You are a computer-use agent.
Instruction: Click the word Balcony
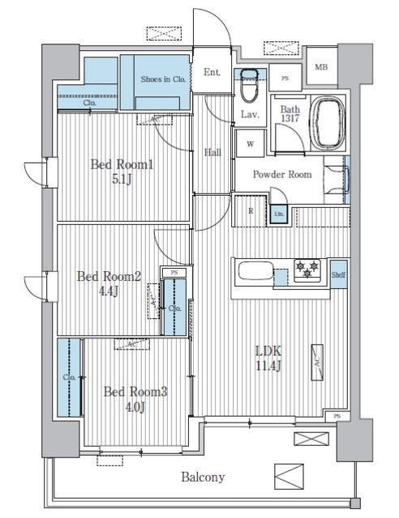point(202,477)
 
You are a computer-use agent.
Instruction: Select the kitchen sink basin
point(253,272)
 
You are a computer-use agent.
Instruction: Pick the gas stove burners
point(306,270)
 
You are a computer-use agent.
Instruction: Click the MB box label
point(321,68)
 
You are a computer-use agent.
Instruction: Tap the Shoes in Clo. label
point(164,79)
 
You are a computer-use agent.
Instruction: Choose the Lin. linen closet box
point(278,214)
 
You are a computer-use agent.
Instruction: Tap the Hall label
point(212,151)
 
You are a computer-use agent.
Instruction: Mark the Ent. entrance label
point(212,72)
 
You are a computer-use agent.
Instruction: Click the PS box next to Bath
point(285,79)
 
